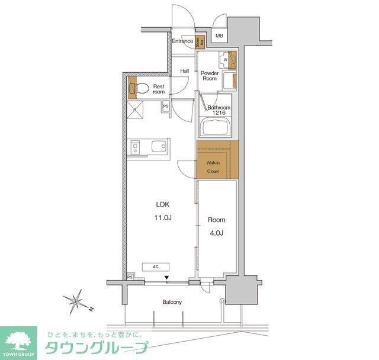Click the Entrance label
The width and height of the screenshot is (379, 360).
[182, 41]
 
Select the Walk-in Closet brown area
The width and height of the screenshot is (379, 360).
[217, 159]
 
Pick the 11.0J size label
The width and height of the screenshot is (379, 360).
[163, 218]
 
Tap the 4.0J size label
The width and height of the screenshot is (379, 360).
[216, 233]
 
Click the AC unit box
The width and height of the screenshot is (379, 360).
[156, 267]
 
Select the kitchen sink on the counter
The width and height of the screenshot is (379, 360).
[158, 147]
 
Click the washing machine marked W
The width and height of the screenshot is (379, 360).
[226, 59]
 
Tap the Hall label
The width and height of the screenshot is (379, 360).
[185, 71]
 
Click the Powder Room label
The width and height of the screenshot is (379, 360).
[210, 76]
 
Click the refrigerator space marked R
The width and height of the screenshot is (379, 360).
[136, 111]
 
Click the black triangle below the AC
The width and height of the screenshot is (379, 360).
[167, 277]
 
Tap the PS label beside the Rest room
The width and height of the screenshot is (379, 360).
[166, 107]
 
